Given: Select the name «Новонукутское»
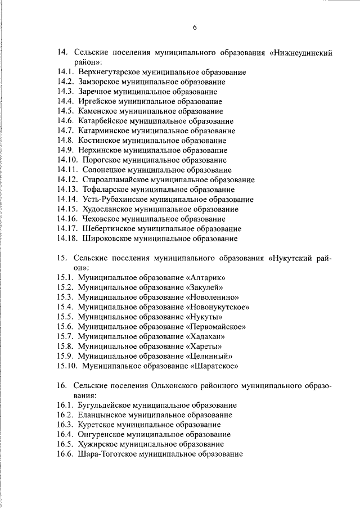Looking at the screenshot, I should [x=217, y=307].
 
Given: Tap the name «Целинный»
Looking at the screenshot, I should [x=209, y=356].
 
